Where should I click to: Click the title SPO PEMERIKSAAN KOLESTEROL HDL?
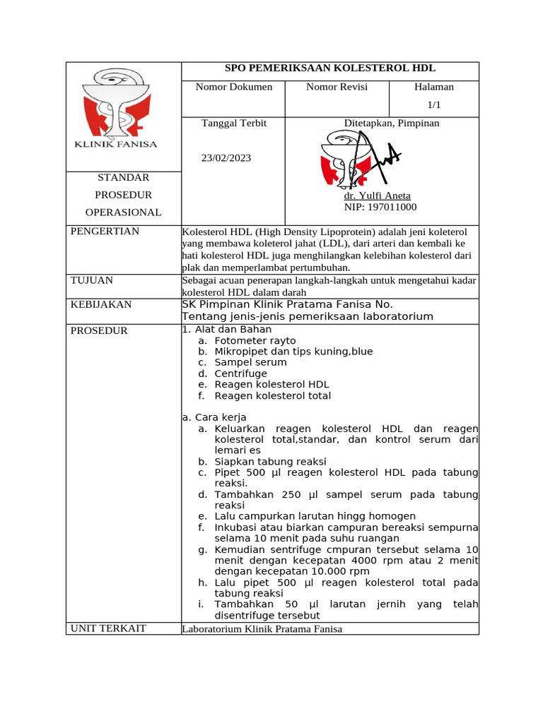pos(330,68)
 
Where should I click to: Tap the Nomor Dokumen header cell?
pos(233,88)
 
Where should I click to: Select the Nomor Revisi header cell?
pos(337,88)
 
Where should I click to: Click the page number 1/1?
pos(433,104)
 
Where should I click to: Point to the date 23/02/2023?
pos(226,158)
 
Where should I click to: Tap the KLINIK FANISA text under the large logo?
pos(116,144)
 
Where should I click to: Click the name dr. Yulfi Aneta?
pos(377,196)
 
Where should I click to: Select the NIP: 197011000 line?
pos(380,207)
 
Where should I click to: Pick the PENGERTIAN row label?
pos(105,232)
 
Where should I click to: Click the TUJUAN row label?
pos(92,280)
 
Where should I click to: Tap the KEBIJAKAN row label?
pos(101,304)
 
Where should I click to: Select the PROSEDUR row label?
pos(99,330)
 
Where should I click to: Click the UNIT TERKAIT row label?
pos(108,628)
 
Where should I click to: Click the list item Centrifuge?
pos(240,374)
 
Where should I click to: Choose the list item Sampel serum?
pos(250,362)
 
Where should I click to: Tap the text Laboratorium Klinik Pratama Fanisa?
pos(262,628)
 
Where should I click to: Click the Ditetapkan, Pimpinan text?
pos(392,123)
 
